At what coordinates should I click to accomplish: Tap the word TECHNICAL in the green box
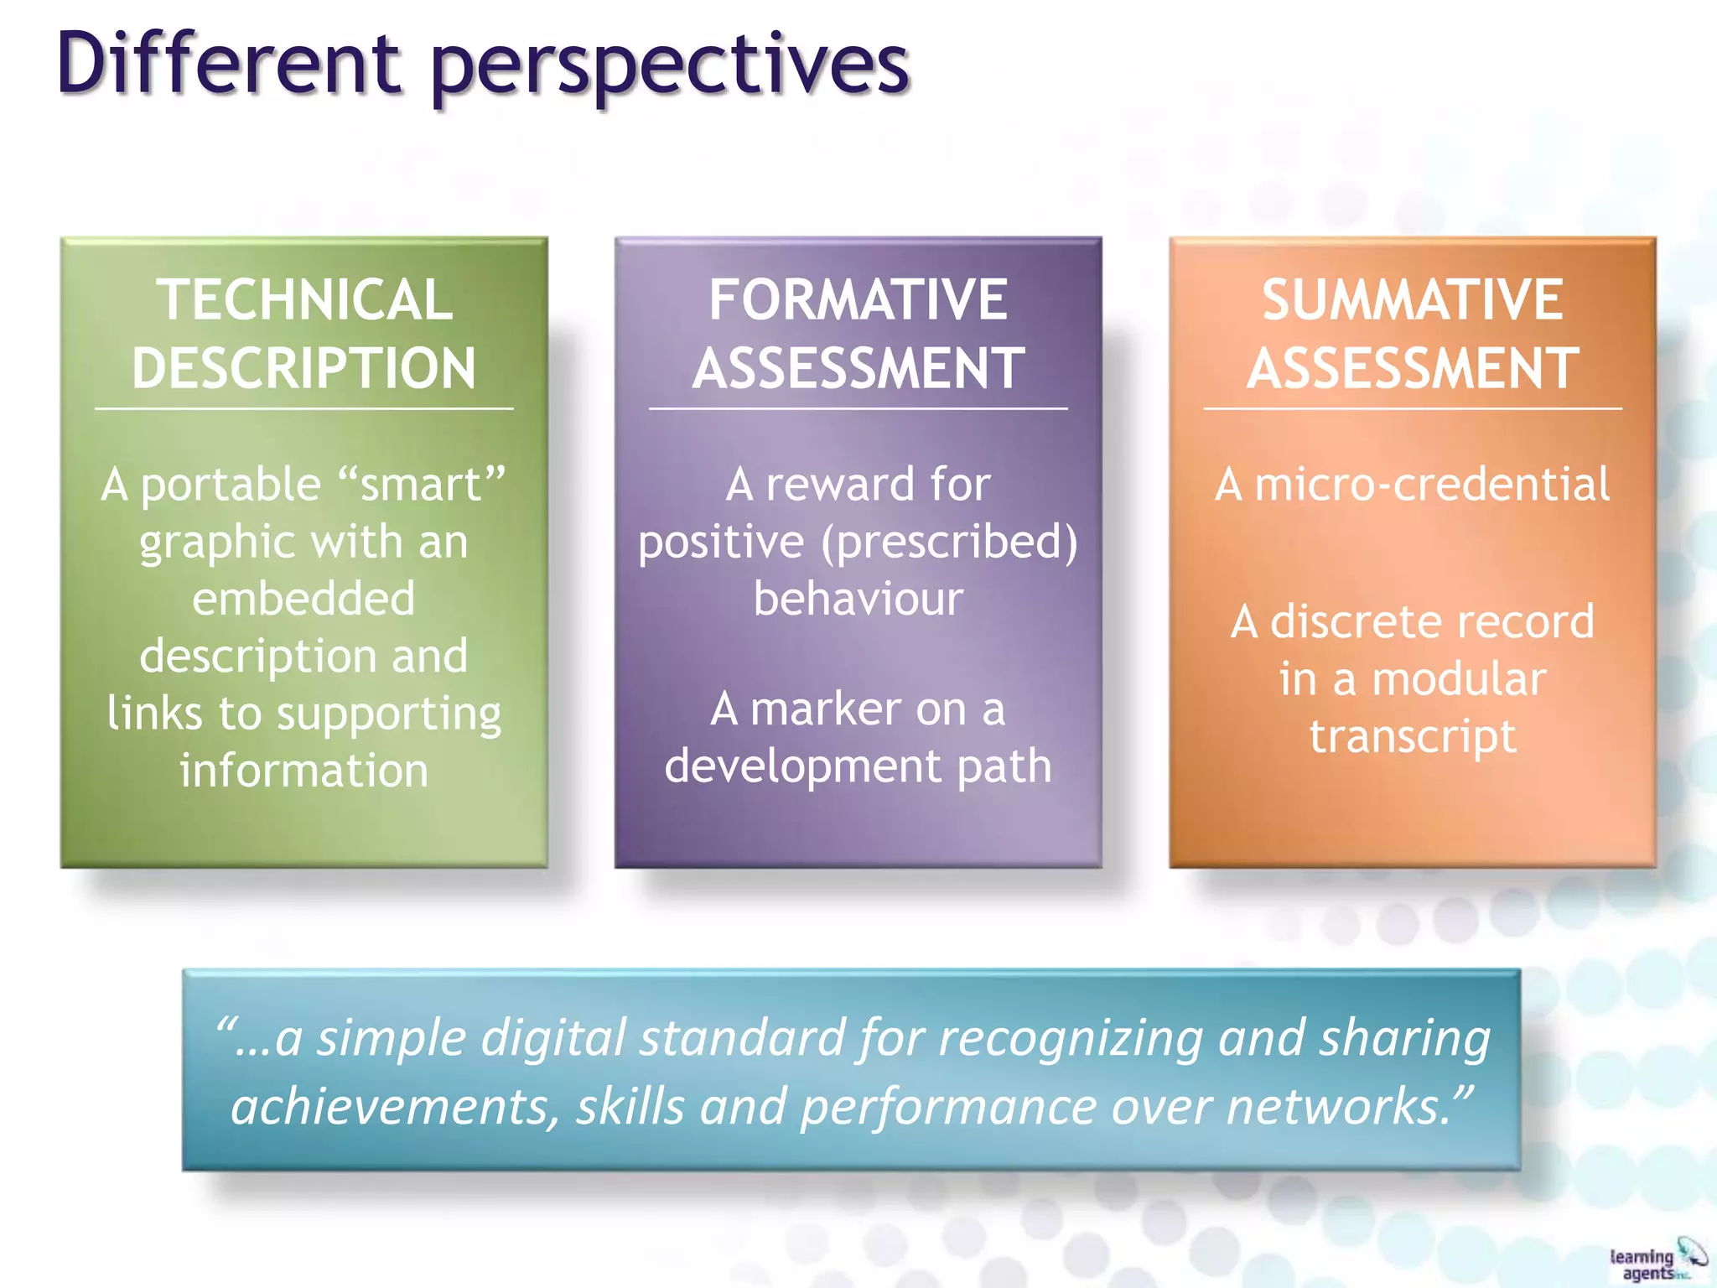pos(304,300)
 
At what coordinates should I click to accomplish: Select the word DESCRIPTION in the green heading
pos(304,369)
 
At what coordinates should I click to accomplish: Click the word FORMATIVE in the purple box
pos(858,300)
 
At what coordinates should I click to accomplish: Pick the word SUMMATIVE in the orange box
pos(1413,300)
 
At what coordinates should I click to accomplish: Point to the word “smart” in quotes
pos(422,486)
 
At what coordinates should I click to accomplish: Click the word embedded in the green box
pos(303,599)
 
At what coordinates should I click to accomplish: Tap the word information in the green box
pos(303,771)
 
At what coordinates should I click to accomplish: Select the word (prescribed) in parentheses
pos(949,543)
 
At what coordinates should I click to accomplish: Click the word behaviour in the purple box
pos(858,599)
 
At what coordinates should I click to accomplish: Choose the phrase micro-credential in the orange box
pos(1432,485)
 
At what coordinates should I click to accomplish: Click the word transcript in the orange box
pos(1413,737)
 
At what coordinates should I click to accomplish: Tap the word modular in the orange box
pos(1459,679)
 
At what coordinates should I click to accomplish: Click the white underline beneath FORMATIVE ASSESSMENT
pos(858,409)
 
